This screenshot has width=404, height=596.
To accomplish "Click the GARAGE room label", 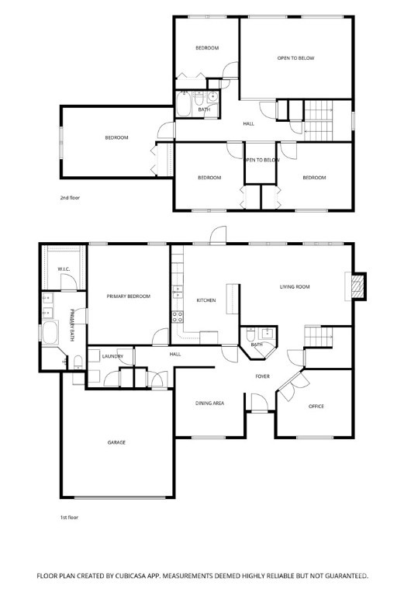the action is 116,442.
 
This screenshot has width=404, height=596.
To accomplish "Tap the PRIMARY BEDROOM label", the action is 129,296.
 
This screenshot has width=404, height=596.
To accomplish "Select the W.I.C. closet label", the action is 64,269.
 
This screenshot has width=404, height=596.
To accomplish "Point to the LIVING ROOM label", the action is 295,287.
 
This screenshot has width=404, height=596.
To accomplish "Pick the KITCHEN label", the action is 206,300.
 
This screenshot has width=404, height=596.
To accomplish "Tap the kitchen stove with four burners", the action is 178,317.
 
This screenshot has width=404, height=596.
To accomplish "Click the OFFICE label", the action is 316,407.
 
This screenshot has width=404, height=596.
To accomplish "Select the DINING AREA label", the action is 209,404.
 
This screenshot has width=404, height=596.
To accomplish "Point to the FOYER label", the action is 262,376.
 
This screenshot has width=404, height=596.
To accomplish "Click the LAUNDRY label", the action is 112,356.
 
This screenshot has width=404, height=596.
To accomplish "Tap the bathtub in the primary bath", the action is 50,333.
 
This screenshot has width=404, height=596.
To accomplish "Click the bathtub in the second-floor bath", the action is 184,104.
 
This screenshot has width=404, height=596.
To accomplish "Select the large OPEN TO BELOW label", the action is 295,58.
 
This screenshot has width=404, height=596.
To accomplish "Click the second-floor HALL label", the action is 249,124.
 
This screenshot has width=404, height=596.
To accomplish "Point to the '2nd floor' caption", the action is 70,198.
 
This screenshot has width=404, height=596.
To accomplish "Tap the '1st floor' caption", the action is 69,518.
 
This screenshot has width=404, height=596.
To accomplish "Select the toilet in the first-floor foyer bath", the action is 250,334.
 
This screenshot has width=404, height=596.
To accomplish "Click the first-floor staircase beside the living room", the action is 319,337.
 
